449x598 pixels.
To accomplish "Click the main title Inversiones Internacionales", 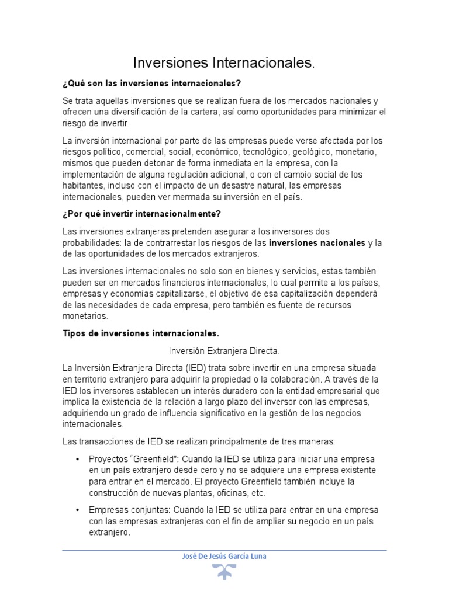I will [224, 62].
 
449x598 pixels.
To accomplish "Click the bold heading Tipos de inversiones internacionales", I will [141, 333].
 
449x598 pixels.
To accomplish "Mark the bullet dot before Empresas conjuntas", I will [77, 510].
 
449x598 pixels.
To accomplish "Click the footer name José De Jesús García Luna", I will [224, 556].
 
